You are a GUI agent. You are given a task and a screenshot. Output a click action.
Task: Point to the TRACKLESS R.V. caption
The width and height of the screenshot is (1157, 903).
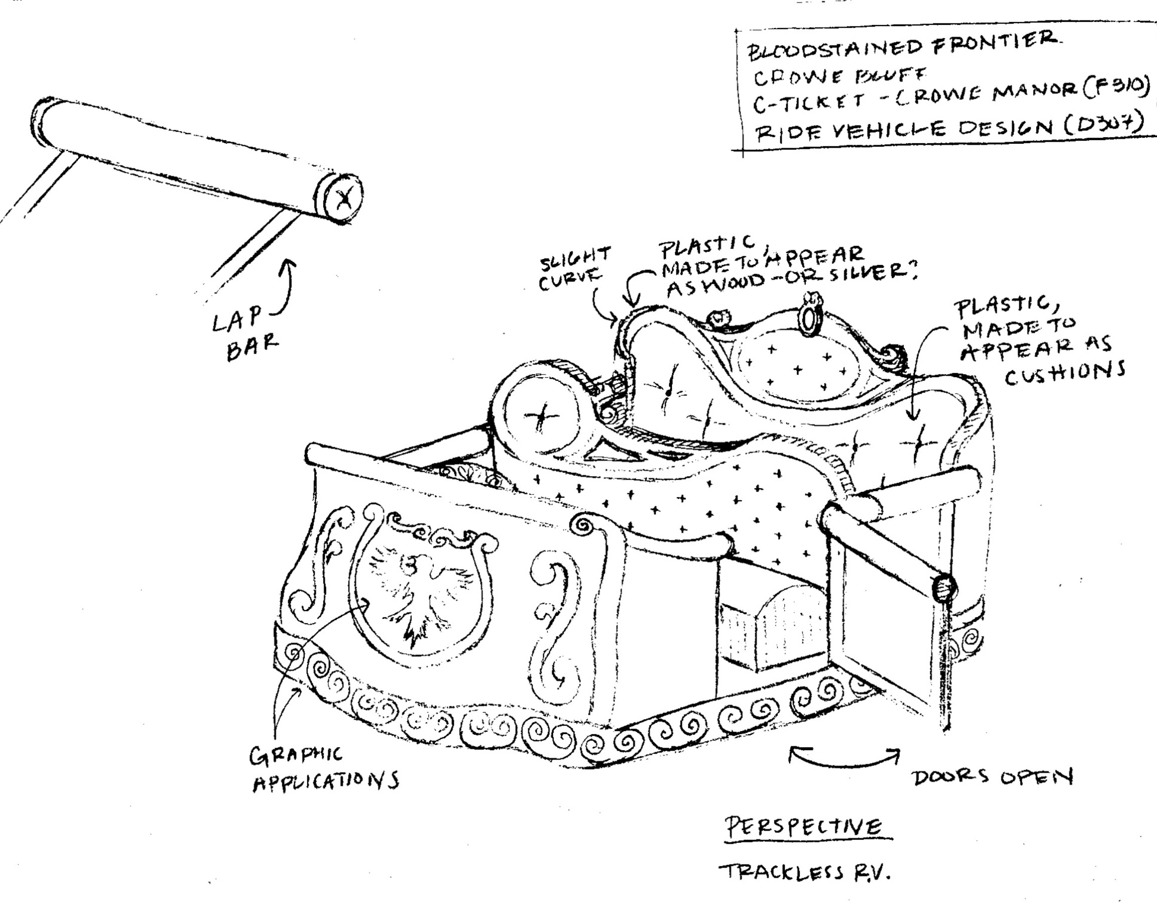click(805, 872)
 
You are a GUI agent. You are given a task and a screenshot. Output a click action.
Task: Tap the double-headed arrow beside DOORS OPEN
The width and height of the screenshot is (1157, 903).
click(844, 758)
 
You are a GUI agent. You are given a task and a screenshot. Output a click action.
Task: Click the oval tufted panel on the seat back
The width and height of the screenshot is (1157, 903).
click(795, 366)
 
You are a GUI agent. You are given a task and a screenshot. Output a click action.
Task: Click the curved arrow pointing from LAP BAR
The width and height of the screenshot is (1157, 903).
click(286, 286)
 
